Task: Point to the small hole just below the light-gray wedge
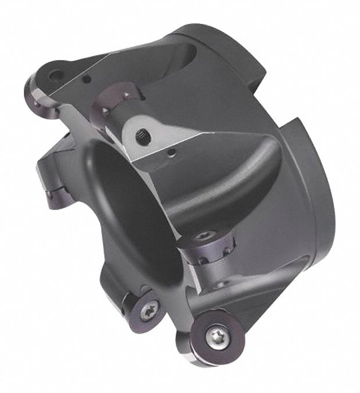coord(170,154)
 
